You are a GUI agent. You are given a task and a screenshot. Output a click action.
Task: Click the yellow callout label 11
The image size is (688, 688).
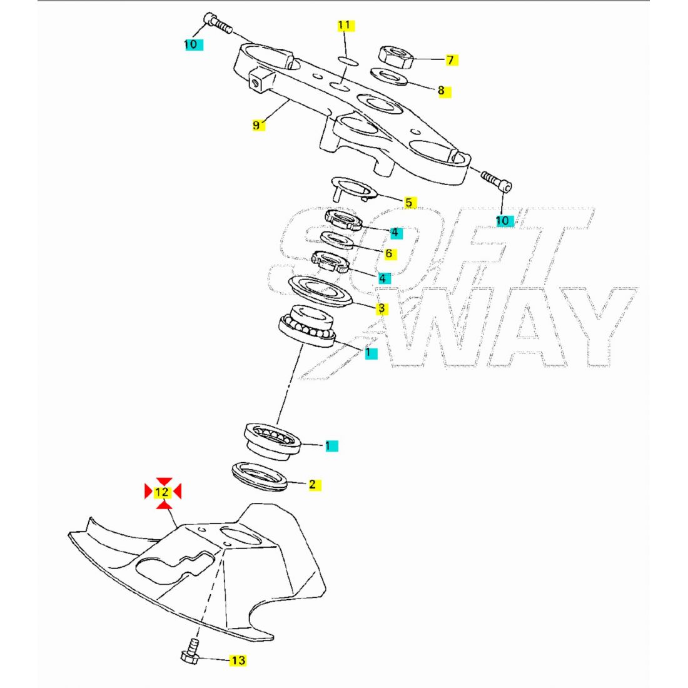[x=345, y=26]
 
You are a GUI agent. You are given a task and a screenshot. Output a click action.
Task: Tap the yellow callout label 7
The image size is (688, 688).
[x=450, y=61]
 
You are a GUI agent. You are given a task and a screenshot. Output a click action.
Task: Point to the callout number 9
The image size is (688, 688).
[x=256, y=125]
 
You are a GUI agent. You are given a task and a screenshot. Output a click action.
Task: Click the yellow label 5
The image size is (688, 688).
[x=408, y=202]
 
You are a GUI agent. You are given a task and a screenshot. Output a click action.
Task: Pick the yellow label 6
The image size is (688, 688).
[x=388, y=253]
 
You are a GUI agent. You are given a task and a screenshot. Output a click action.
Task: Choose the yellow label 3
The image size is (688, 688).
[x=382, y=308]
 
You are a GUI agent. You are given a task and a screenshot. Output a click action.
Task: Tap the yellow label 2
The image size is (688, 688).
[x=312, y=484]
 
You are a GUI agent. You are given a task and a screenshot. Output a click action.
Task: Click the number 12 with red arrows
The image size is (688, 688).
[x=163, y=492]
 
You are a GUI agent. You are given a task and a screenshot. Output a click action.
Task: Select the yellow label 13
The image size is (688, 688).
[x=238, y=660]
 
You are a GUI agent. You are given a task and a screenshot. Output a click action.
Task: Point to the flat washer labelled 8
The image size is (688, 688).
[x=388, y=77]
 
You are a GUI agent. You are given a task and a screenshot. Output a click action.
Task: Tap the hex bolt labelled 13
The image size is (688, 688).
[x=189, y=653]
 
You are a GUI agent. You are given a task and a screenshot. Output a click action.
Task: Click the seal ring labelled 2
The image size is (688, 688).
[x=260, y=476]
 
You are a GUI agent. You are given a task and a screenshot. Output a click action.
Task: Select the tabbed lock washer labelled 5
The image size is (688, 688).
[x=353, y=188]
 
